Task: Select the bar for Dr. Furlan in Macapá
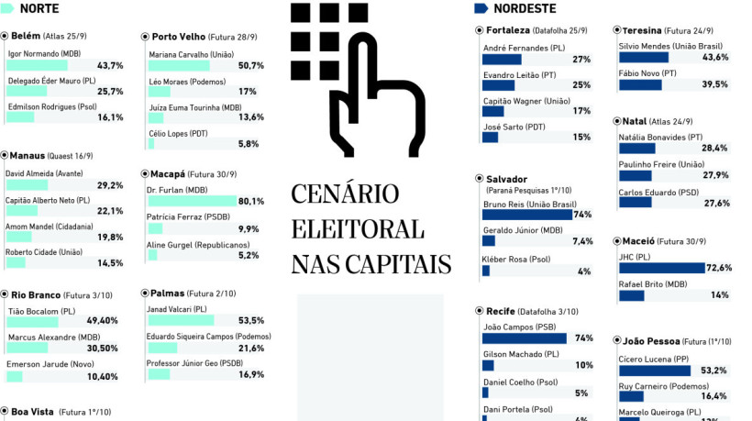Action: (192, 201)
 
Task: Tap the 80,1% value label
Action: (250, 201)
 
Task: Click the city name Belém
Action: (26, 36)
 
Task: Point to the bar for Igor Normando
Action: (37, 65)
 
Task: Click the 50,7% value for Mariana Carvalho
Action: (250, 65)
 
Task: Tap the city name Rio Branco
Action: (37, 294)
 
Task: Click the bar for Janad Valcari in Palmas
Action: (180, 321)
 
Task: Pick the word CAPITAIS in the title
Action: (399, 264)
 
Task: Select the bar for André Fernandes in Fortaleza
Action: (502, 60)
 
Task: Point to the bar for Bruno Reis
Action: (526, 215)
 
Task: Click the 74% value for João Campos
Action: (583, 338)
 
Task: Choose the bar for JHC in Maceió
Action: (661, 268)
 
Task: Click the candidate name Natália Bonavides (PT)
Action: (667, 136)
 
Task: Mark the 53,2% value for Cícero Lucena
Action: (713, 371)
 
